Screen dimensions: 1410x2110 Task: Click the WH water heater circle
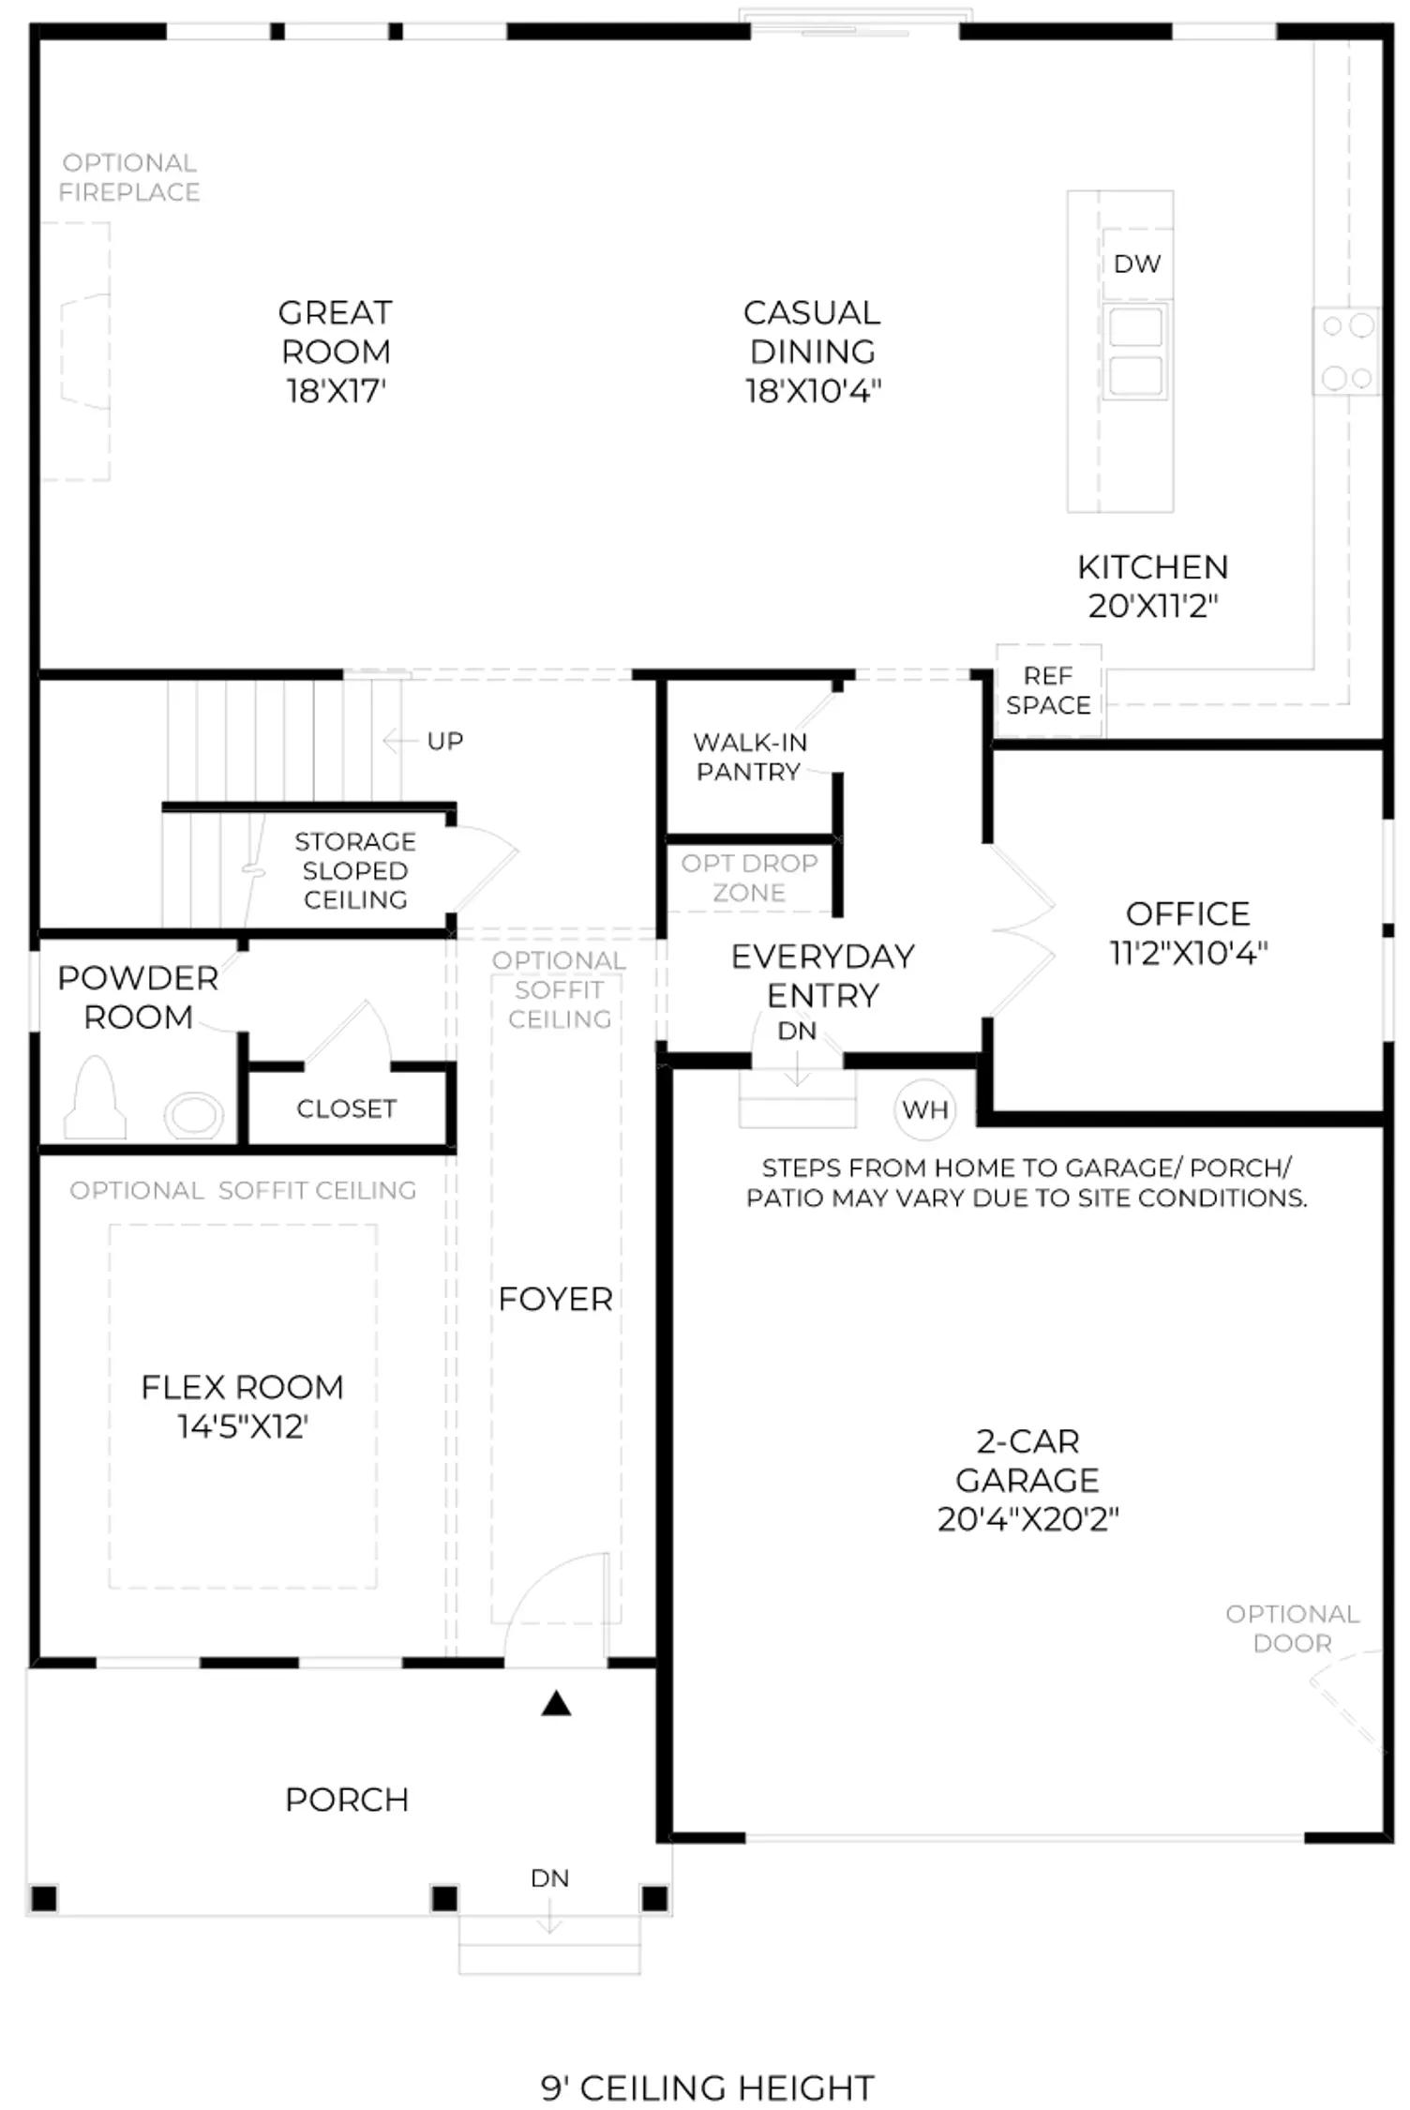(x=924, y=1109)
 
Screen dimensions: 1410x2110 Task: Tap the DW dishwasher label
(x=1137, y=264)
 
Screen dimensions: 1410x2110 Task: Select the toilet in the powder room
(x=95, y=1097)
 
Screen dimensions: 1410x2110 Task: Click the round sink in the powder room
(x=194, y=1115)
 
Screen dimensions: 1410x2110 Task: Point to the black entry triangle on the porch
(x=556, y=1703)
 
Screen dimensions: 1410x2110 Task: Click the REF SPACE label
(x=1048, y=690)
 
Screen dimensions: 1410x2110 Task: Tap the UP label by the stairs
(x=445, y=741)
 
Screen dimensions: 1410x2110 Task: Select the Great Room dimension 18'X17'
(x=336, y=390)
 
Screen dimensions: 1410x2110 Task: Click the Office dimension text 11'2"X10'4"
(x=1189, y=953)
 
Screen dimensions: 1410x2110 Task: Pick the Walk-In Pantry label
(x=749, y=757)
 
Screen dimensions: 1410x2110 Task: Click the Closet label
(x=346, y=1108)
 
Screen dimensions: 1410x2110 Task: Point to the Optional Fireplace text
(x=129, y=177)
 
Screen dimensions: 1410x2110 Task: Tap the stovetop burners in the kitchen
(x=1347, y=352)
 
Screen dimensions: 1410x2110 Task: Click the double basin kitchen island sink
(x=1136, y=351)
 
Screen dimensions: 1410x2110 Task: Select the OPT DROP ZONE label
(x=749, y=878)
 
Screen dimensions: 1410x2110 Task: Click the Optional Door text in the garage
(x=1292, y=1628)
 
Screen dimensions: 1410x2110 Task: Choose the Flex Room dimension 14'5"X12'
(x=243, y=1426)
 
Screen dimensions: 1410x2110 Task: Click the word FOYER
(x=555, y=1299)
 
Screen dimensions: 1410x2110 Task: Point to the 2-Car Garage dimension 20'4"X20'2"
(x=1027, y=1518)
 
